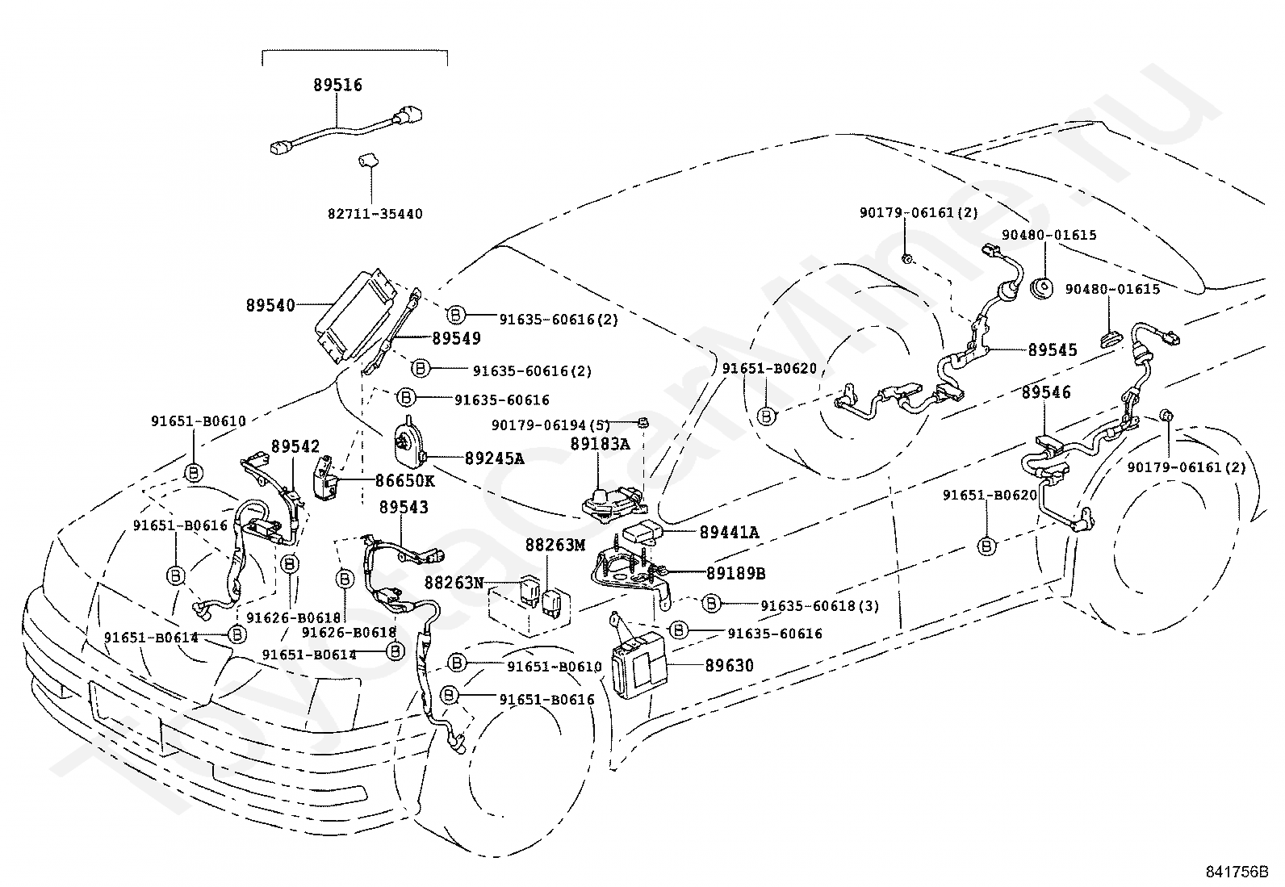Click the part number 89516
[x=337, y=85]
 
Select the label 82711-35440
[x=375, y=214]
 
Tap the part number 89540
[x=270, y=305]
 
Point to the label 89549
[x=456, y=338]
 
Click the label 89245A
[x=494, y=458]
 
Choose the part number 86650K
[x=404, y=481]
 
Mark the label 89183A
[x=600, y=444]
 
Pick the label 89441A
[x=729, y=533]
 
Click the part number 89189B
[x=735, y=573]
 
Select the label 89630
[x=729, y=666]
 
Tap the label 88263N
[x=454, y=583]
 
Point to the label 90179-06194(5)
[x=550, y=425]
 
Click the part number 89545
[x=1053, y=350]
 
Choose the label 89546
[x=1046, y=392]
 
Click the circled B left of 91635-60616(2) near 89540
[x=455, y=315]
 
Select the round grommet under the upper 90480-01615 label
[x=1042, y=288]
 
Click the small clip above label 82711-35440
[x=368, y=161]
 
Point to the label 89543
[x=404, y=507]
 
